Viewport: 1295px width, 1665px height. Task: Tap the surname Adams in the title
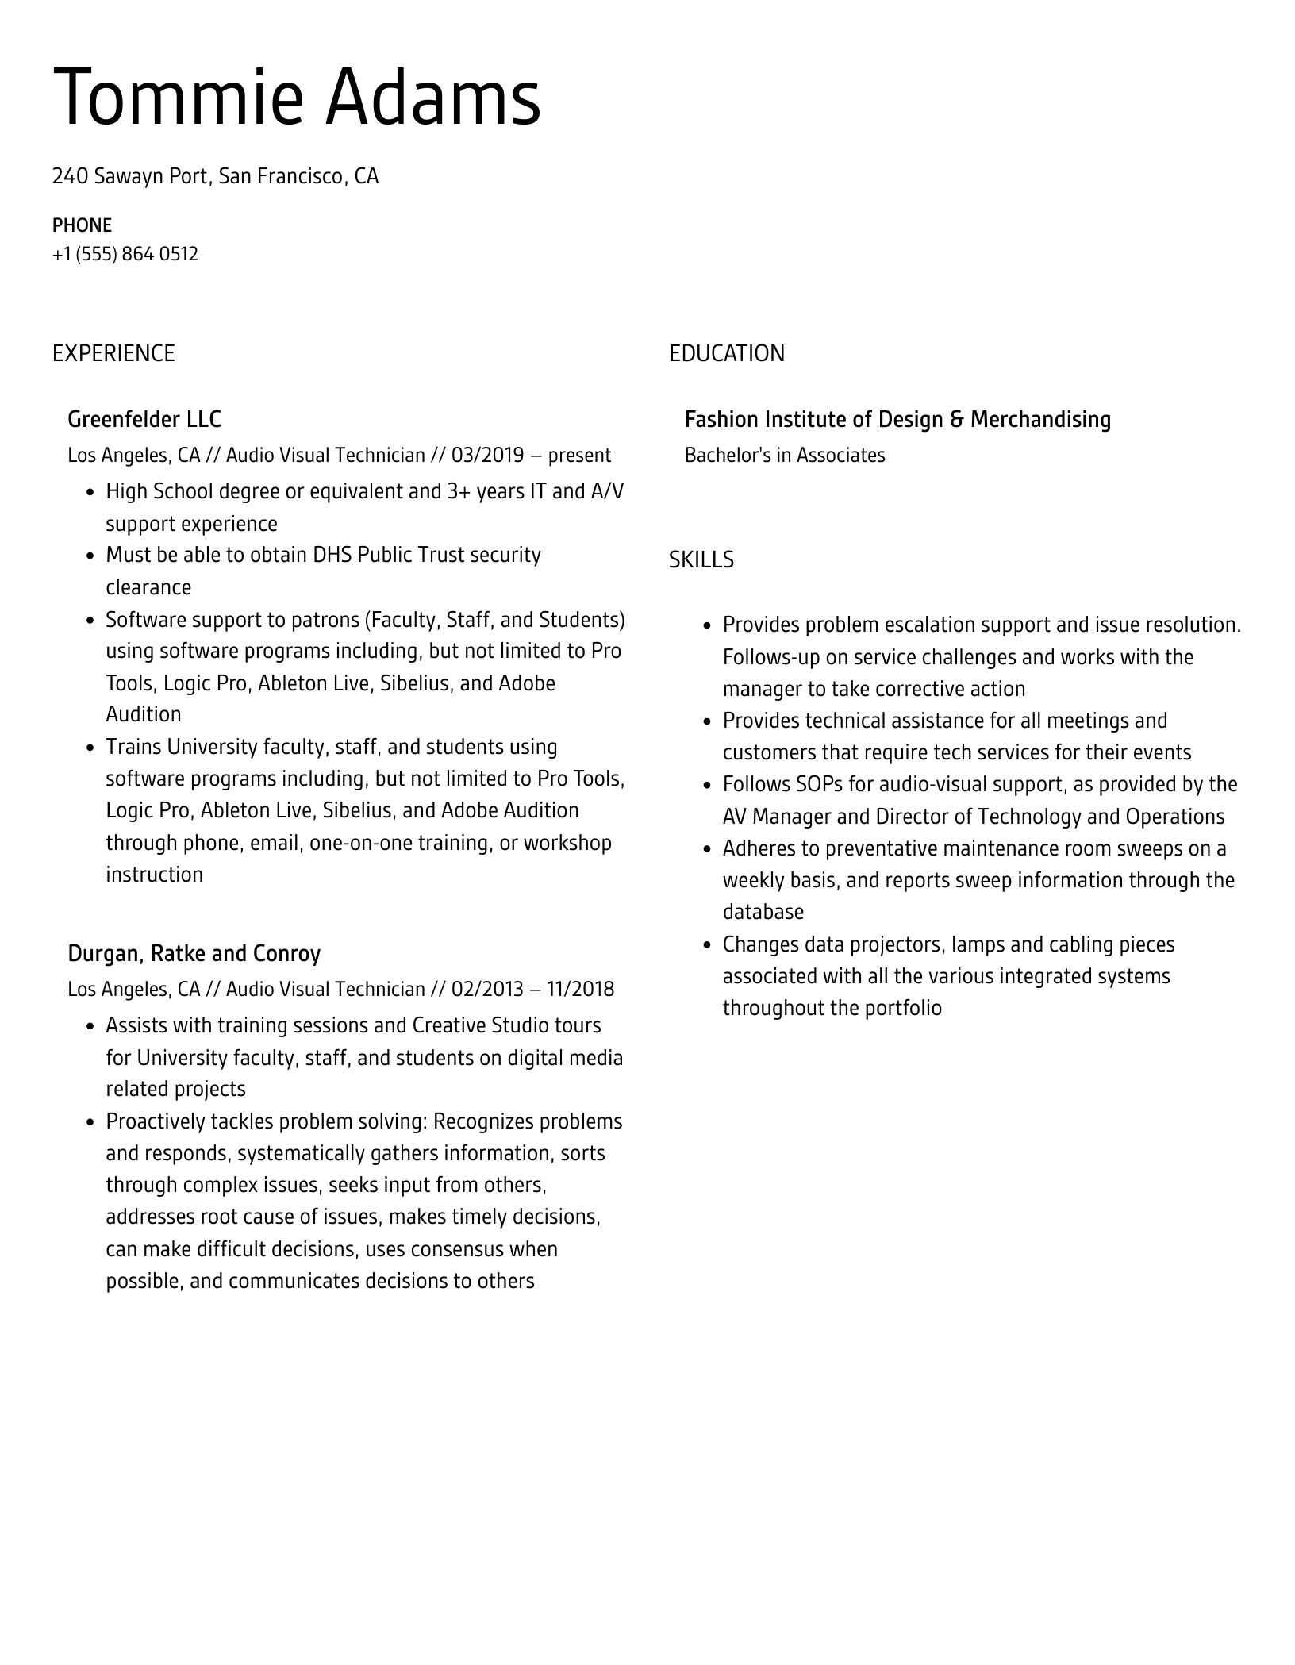pos(433,98)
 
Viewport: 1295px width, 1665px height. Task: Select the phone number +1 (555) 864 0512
pos(125,254)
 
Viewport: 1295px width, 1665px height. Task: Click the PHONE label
pos(82,225)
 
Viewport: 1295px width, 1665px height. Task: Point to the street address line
pos(215,176)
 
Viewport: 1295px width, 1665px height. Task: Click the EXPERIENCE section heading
pos(113,353)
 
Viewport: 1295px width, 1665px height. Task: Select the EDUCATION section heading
pos(726,353)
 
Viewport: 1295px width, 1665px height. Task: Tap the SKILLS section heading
pos(701,560)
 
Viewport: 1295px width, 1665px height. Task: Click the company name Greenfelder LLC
pos(144,419)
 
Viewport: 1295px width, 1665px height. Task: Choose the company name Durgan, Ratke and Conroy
pos(194,953)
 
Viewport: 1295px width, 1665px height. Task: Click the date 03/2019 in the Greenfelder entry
pos(487,456)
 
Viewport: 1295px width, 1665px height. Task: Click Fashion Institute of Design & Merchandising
pos(897,419)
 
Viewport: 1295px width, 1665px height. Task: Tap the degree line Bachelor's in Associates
pos(785,456)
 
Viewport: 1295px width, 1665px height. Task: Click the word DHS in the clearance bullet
pos(332,555)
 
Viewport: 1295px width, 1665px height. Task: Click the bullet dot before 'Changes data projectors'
pos(707,945)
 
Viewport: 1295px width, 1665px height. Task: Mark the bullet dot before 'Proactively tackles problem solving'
pos(90,1122)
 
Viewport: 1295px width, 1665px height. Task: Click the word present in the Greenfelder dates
pos(579,456)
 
